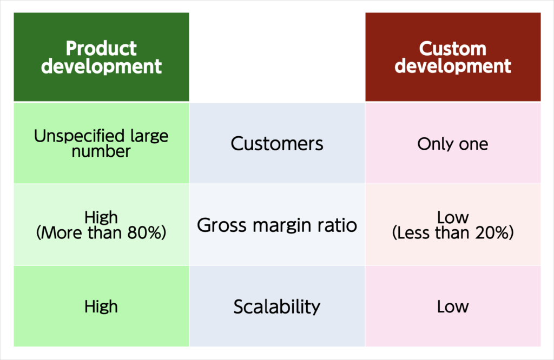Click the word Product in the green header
click(101, 48)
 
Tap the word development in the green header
click(101, 66)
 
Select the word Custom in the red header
click(453, 49)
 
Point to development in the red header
click(453, 66)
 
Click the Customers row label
click(277, 144)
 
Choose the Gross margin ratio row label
click(277, 225)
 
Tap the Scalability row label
click(277, 306)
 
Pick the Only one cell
click(453, 144)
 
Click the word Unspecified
click(79, 136)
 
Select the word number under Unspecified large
click(101, 151)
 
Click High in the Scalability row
click(101, 306)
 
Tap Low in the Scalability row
click(453, 306)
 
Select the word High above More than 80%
click(101, 217)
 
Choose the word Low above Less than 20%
click(453, 217)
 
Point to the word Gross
click(221, 225)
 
